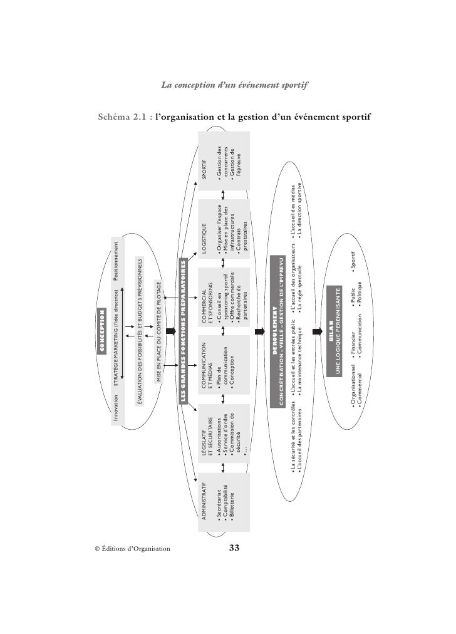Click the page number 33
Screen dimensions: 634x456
[235, 548]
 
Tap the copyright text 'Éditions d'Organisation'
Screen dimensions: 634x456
[132, 549]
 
